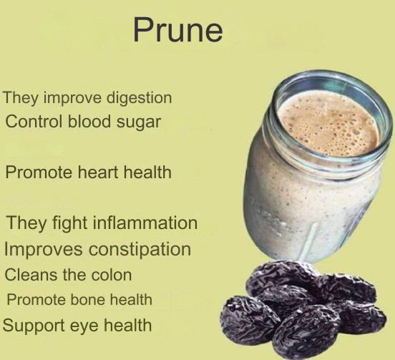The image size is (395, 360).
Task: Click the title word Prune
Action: coord(178,30)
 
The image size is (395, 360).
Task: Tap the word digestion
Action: coord(139,98)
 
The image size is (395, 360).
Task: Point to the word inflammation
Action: coord(145,223)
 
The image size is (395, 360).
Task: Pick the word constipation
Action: coord(140,250)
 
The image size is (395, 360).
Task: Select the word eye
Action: coord(84,326)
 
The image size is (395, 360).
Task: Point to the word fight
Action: coord(71,224)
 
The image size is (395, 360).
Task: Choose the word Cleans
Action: coord(31,275)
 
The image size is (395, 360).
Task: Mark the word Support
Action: coord(33,326)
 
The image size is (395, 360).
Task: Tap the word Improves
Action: coord(44,250)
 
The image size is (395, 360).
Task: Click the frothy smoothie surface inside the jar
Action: coord(328,122)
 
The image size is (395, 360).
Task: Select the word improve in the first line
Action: coord(72,98)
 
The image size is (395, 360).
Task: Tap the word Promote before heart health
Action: coord(39,172)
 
